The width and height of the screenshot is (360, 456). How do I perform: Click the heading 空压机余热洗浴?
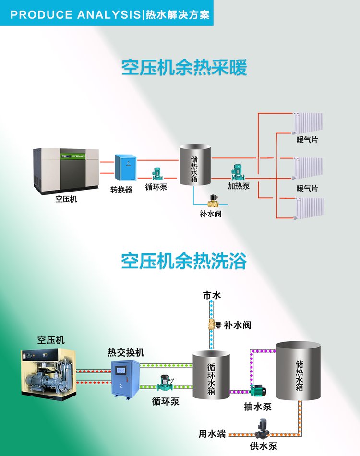coord(184,262)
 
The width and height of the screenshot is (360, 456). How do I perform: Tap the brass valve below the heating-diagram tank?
coord(211,200)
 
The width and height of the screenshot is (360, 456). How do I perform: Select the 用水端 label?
coord(212,434)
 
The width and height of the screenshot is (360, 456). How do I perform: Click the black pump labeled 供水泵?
coord(263,429)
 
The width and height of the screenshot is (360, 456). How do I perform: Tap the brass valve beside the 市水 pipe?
coord(213,324)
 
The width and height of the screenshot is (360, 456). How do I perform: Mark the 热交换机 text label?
coord(126,353)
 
